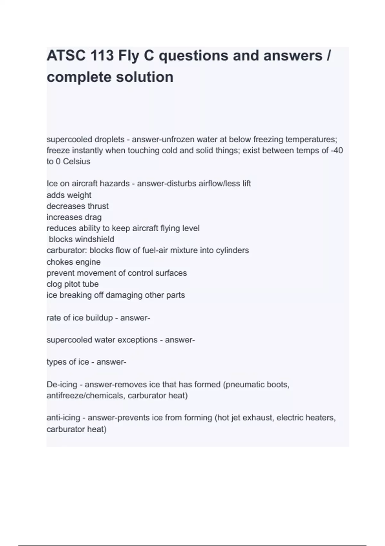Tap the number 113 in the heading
102,56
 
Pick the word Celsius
76,162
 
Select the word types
56,362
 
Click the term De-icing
62,384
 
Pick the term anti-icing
63,418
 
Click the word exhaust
258,418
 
